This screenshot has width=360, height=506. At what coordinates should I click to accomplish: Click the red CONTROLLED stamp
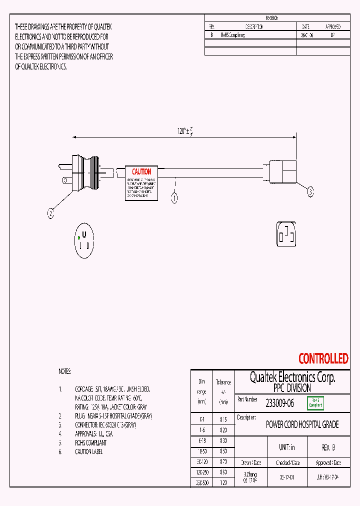coord(323,358)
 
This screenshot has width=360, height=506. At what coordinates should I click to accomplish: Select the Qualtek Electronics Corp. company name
coord(292,377)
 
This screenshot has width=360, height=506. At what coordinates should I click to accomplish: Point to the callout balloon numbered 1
coord(175,198)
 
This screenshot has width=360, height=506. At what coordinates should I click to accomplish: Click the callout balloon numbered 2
coord(50,214)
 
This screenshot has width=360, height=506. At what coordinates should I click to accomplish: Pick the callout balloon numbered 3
coord(310,191)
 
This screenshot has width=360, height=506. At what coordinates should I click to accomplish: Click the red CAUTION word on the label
coord(141,172)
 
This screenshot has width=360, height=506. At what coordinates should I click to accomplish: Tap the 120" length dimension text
coord(184,131)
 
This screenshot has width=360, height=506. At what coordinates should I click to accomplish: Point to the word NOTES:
coord(65,371)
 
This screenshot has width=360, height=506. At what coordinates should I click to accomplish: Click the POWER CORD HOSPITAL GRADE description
coord(302,424)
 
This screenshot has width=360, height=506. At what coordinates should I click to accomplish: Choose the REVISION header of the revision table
coord(271,18)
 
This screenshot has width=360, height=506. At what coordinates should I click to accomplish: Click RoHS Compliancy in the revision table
coord(233,35)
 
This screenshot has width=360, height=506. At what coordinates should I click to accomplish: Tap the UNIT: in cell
coord(286,447)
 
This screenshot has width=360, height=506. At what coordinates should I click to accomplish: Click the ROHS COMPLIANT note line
coord(90,442)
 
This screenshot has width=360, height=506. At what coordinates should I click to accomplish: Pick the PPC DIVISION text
coord(292,388)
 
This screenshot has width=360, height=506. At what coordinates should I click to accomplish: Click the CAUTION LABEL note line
coord(88,451)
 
